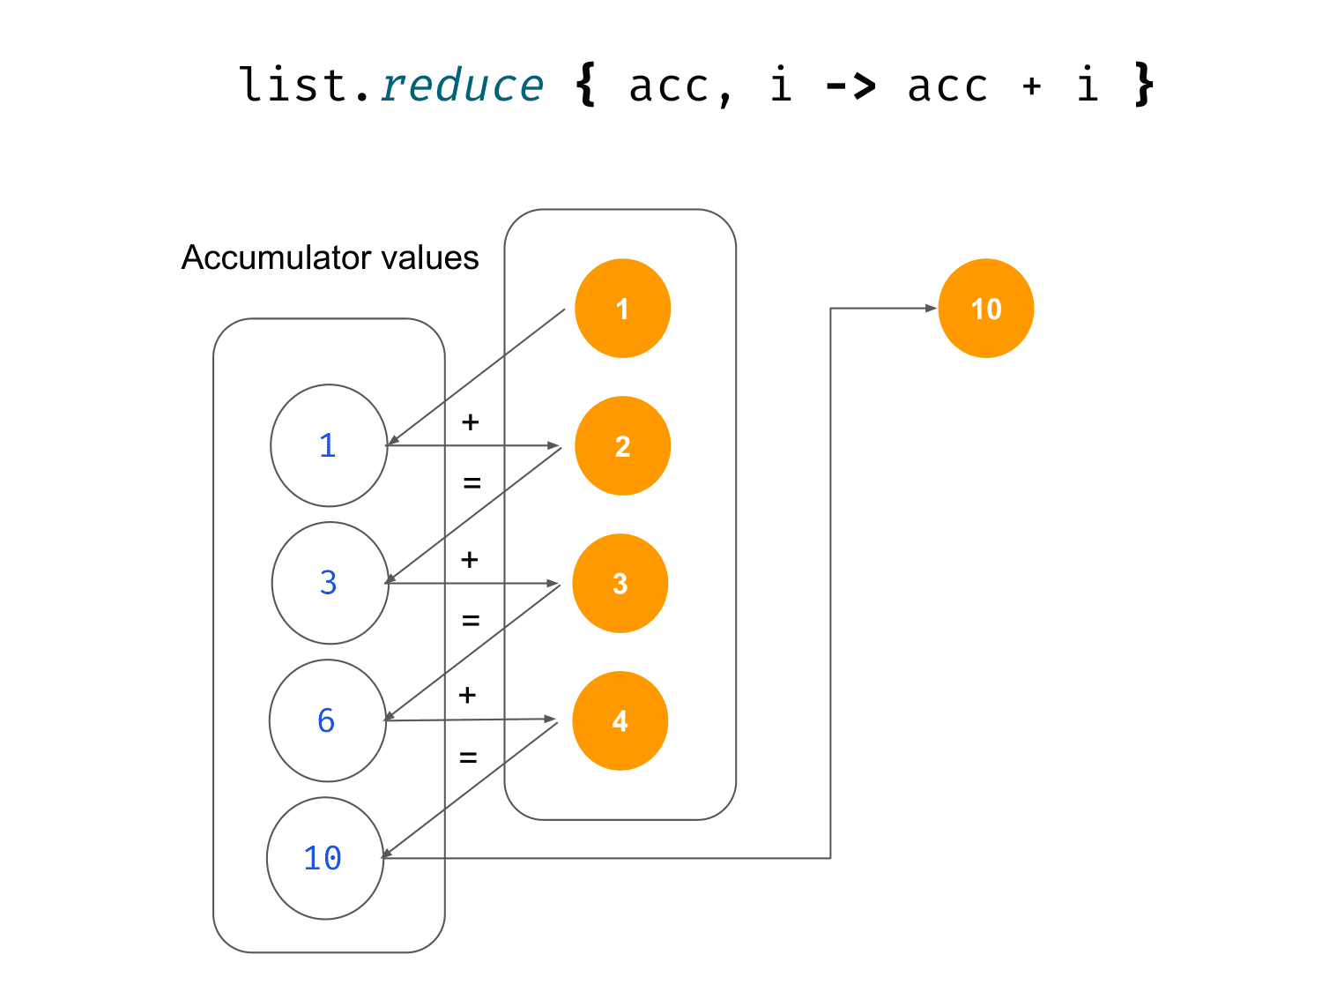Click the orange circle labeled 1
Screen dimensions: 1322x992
(622, 309)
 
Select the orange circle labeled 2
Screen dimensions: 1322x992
(622, 445)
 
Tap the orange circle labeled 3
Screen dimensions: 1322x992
(620, 583)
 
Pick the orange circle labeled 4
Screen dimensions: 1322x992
(620, 720)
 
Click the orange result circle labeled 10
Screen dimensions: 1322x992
(986, 309)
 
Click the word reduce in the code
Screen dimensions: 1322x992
(462, 86)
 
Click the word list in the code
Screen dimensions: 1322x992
(293, 84)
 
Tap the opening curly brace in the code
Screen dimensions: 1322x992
(585, 85)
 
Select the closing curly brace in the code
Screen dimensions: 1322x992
(1144, 85)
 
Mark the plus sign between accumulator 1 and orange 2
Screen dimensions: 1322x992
(471, 422)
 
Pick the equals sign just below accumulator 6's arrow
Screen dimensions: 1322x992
(468, 757)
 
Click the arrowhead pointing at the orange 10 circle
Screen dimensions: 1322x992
(931, 308)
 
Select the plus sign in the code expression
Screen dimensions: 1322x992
(1031, 86)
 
